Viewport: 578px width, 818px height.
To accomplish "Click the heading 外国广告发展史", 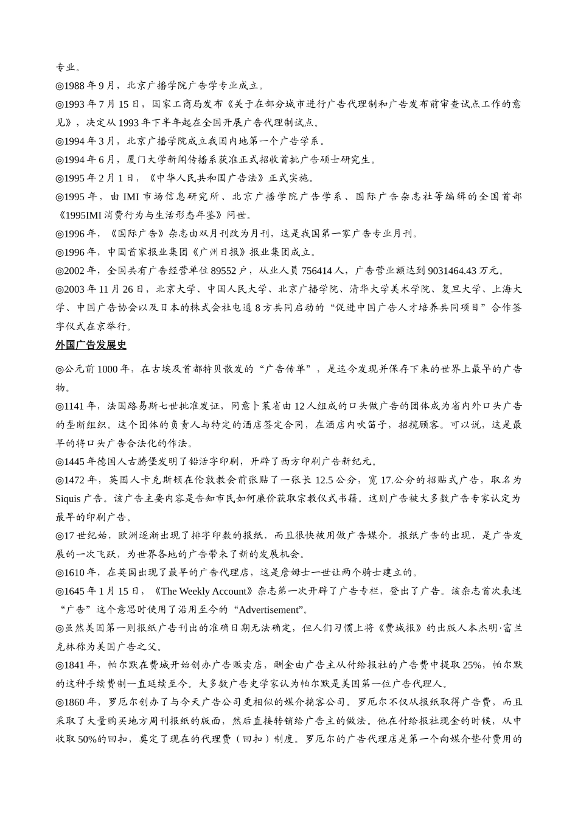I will [x=91, y=345].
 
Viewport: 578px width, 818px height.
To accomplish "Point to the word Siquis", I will [x=68, y=498].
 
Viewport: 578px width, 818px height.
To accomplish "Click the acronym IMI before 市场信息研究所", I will [x=131, y=197].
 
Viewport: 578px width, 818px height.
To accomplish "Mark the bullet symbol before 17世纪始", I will [x=60, y=536].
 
